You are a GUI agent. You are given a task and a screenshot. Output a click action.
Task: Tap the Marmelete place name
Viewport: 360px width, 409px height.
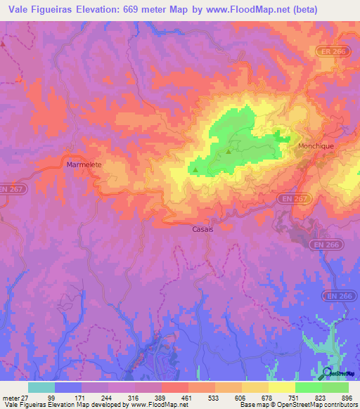point(84,164)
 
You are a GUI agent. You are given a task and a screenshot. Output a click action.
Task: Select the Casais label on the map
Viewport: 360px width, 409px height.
point(202,228)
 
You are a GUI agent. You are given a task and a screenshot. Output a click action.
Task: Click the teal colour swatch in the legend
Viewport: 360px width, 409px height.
point(41,387)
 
